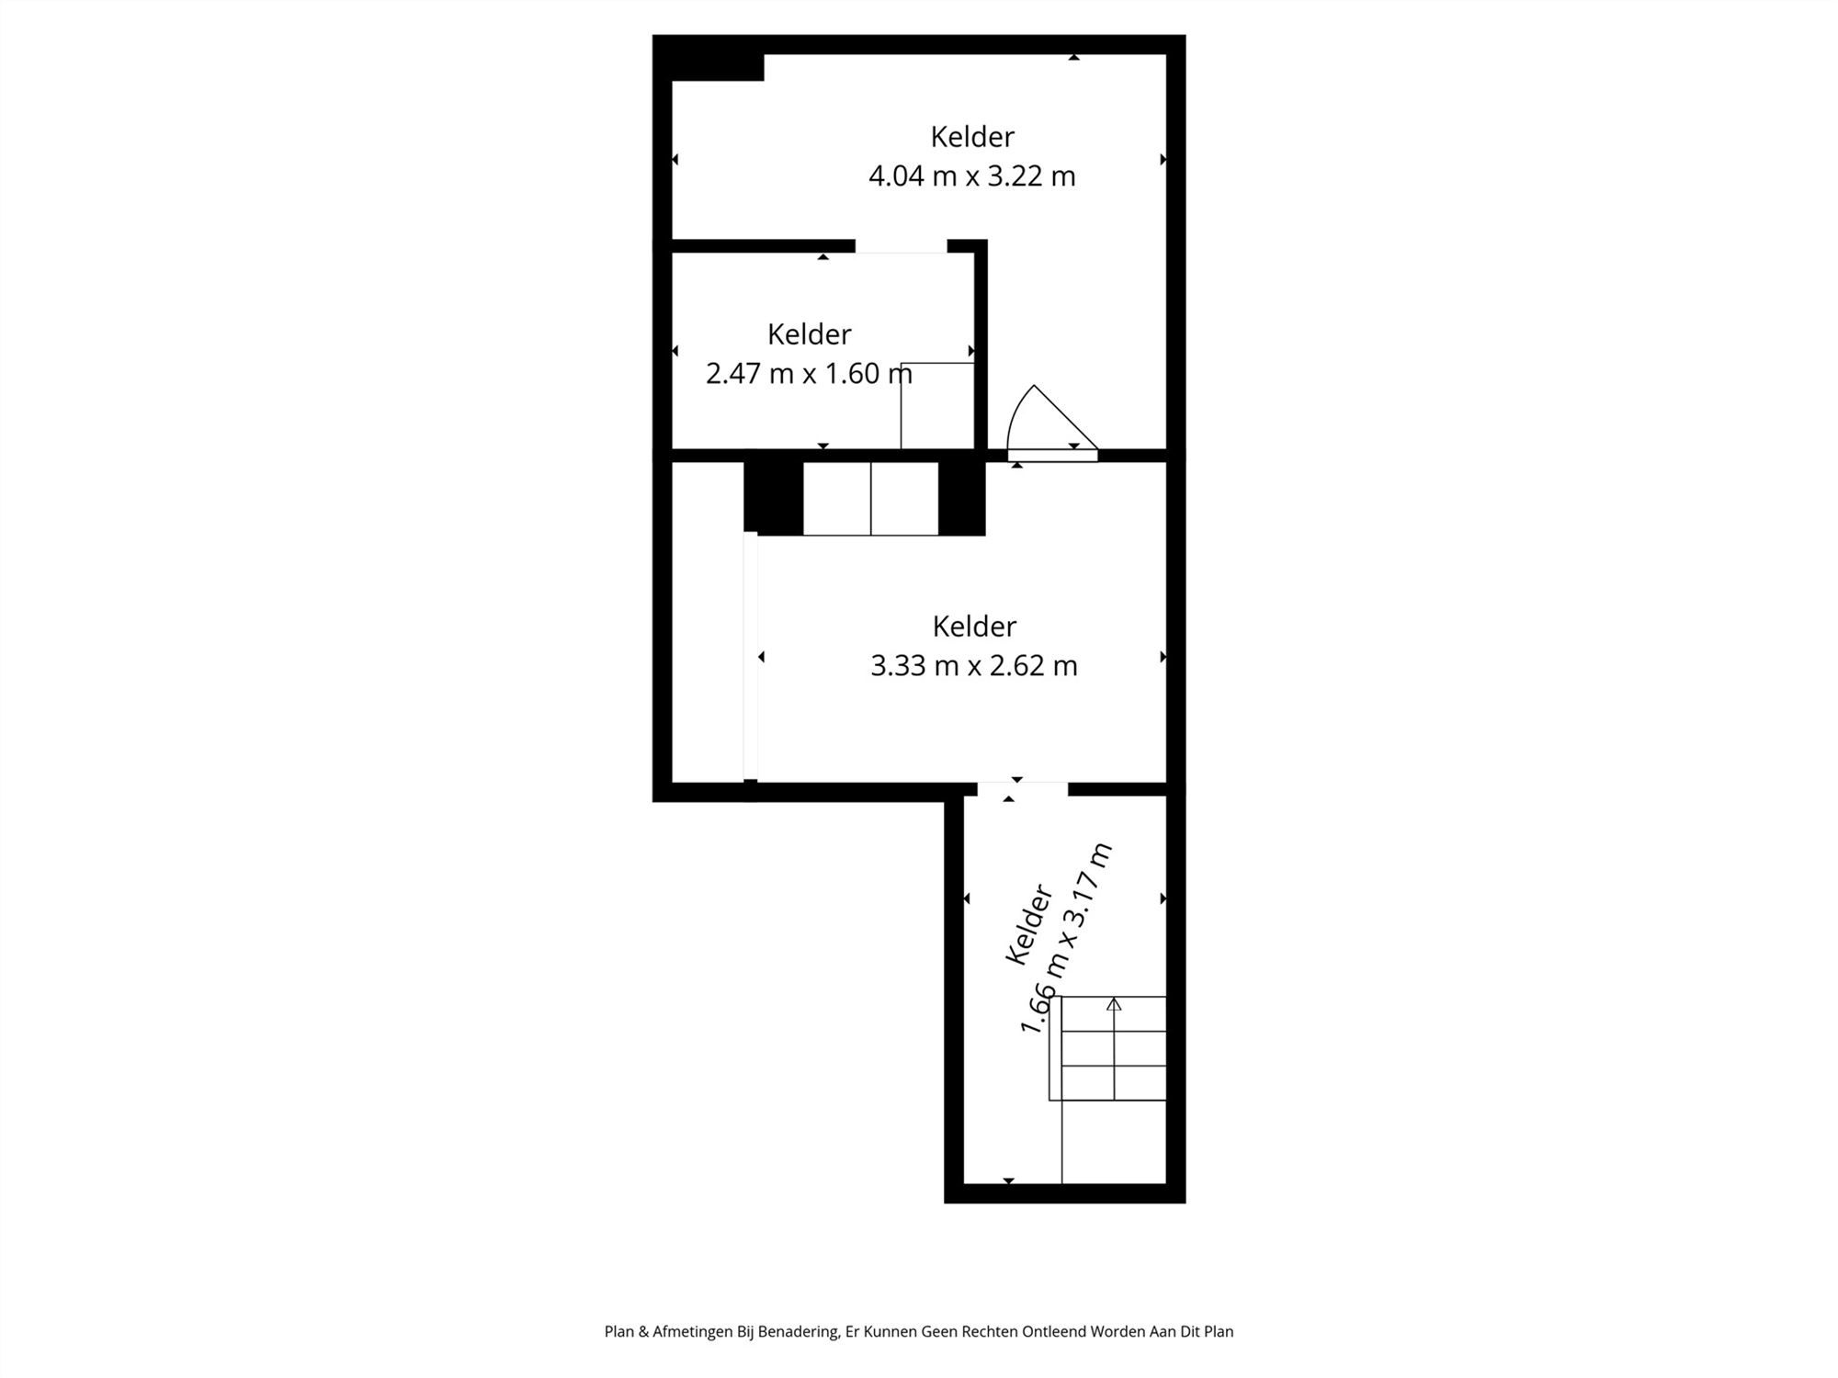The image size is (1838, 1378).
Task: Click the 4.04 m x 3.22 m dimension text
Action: click(971, 175)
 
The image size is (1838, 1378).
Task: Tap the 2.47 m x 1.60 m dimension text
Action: click(808, 374)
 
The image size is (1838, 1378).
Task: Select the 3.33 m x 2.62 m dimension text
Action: click(973, 665)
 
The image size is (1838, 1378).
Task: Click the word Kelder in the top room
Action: click(971, 137)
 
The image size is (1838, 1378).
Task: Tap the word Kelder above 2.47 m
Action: click(809, 334)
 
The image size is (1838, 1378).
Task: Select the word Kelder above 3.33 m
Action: click(973, 627)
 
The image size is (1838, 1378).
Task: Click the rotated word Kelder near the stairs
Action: click(1028, 924)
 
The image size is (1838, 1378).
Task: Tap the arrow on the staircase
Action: click(1114, 1004)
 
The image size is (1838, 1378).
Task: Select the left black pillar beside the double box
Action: click(773, 497)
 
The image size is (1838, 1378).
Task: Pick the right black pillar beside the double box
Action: click(961, 497)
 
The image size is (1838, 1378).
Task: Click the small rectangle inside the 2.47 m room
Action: click(936, 405)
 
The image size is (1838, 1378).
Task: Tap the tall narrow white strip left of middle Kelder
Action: click(750, 656)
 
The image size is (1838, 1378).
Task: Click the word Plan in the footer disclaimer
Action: click(618, 1331)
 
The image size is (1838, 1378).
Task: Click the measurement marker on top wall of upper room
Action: click(1073, 57)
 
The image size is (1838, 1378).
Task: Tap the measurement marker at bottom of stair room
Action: click(1008, 1180)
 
